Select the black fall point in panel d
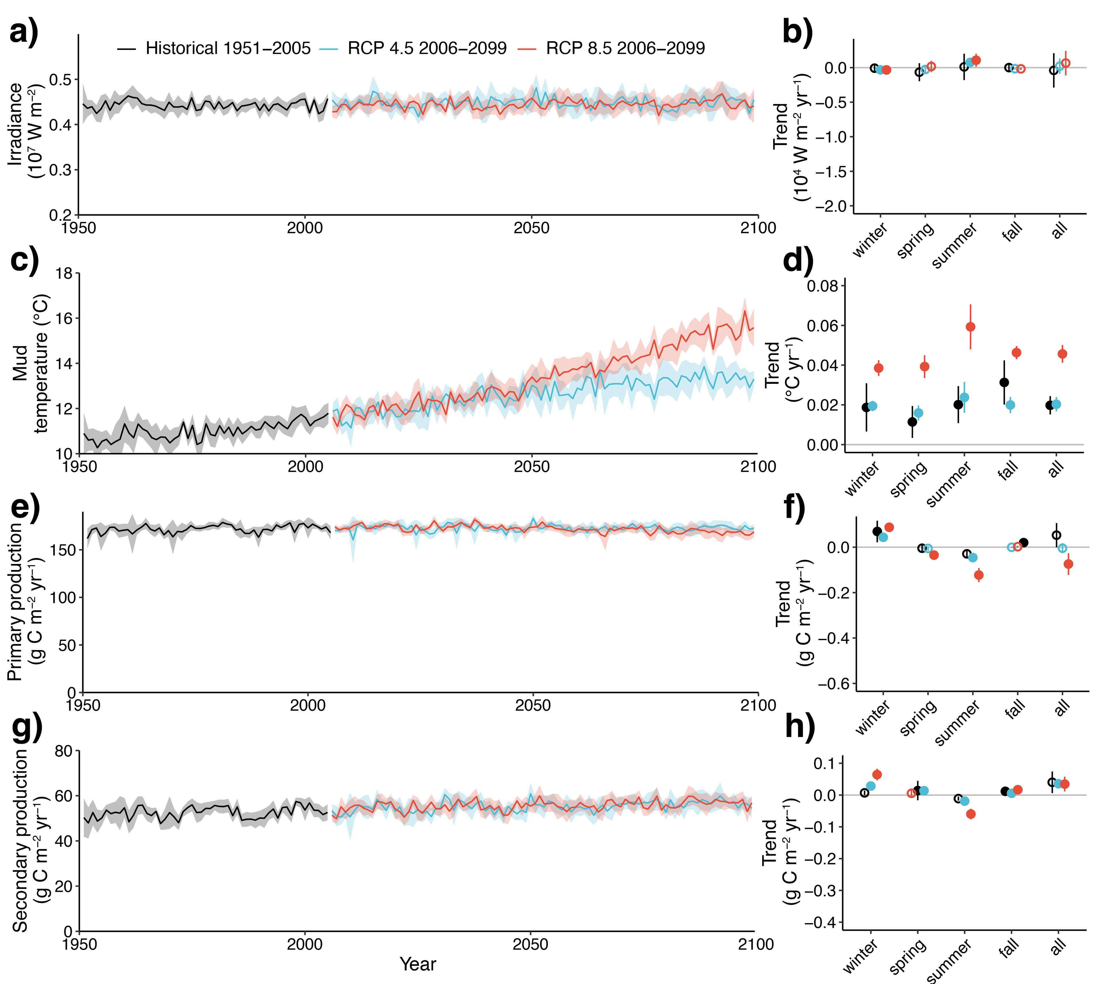(1004, 382)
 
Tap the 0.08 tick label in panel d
(822, 286)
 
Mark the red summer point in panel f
(979, 575)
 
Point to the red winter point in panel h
(877, 774)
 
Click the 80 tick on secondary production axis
(63, 751)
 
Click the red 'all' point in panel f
(1068, 564)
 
